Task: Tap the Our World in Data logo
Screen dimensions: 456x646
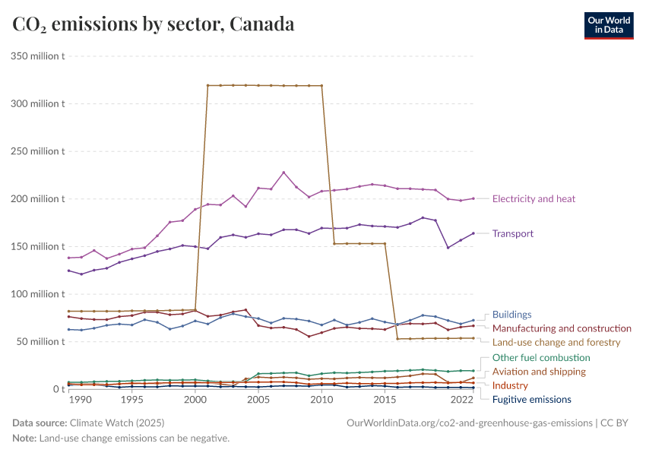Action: pyautogui.click(x=608, y=25)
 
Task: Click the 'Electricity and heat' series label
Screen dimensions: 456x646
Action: pyautogui.click(x=534, y=199)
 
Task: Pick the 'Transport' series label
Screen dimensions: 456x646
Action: pyautogui.click(x=513, y=234)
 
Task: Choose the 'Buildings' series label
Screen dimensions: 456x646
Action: pyautogui.click(x=511, y=315)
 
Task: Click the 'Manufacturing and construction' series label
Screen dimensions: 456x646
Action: pyautogui.click(x=562, y=328)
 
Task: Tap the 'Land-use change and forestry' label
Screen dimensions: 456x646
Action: pyautogui.click(x=556, y=343)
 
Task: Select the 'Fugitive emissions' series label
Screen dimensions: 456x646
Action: pyautogui.click(x=531, y=400)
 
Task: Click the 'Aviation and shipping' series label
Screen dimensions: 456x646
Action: pyautogui.click(x=539, y=372)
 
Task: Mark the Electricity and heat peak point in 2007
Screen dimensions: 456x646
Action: pyautogui.click(x=283, y=173)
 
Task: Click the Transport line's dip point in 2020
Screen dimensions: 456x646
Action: pyautogui.click(x=448, y=247)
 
